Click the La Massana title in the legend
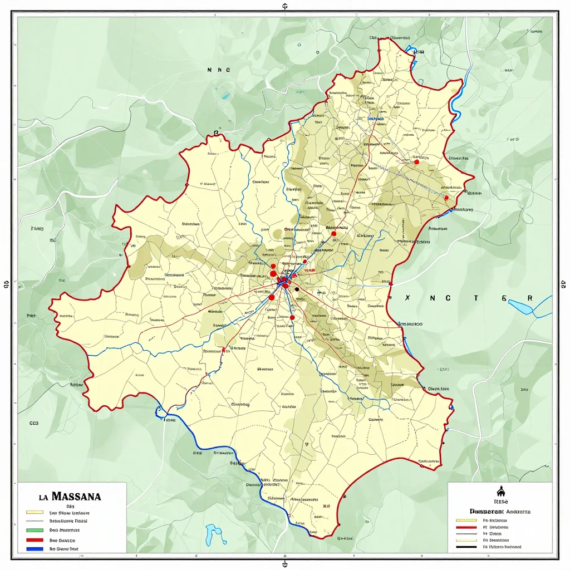70,495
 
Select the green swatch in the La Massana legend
35,530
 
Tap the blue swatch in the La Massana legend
35,549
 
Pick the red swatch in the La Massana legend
35,540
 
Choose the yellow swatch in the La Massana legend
35,512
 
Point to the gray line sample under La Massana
35,522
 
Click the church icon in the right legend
499,492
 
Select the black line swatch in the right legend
466,547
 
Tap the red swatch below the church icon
466,526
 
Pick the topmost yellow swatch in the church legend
466,519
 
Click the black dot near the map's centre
297,289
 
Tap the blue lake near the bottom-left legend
212,534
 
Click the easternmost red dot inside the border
446,198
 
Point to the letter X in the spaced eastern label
407,298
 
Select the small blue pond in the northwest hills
225,96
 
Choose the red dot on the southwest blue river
223,350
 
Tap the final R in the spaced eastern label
529,298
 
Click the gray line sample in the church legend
466,533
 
